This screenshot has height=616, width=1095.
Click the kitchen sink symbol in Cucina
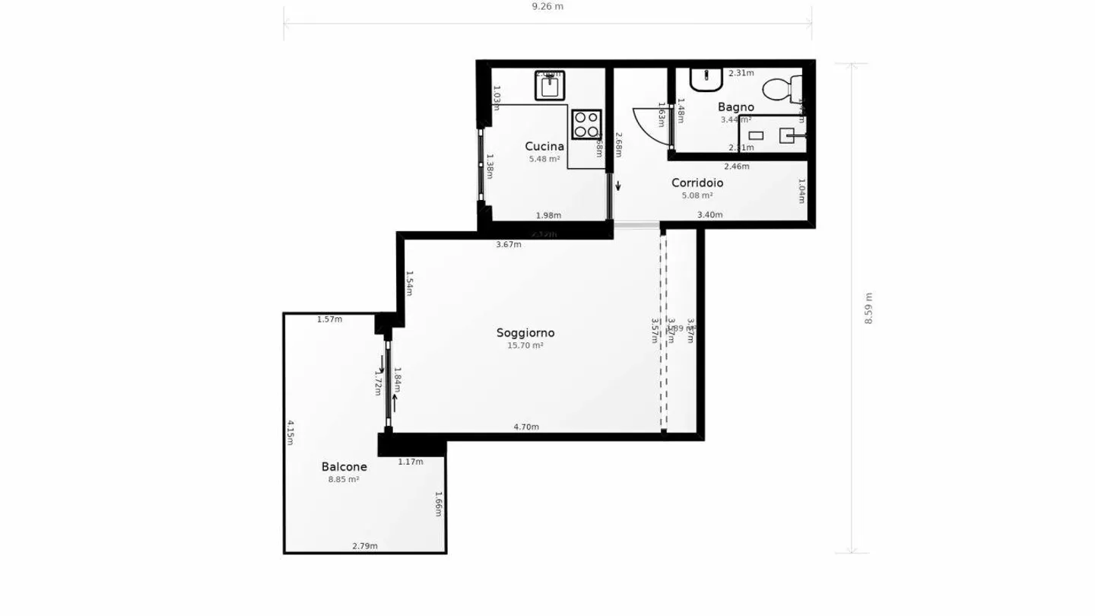549,86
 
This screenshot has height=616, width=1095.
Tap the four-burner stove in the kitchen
586,125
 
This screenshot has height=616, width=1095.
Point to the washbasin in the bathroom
706,78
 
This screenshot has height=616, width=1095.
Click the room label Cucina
544,147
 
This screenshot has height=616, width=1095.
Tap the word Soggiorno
525,332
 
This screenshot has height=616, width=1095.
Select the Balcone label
344,467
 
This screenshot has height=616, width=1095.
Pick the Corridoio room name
697,183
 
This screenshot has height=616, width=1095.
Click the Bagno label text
735,107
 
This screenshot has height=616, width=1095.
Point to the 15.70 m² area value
525,345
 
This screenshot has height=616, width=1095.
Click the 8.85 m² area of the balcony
344,480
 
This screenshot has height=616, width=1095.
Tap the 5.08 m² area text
697,195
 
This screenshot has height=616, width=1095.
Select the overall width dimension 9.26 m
547,6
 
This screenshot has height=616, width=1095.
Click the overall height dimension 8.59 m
868,308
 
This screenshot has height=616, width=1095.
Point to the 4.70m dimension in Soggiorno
526,427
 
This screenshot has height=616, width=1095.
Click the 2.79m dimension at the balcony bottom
365,546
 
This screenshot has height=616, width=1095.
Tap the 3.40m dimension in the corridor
709,214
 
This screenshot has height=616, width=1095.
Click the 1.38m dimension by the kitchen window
490,167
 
